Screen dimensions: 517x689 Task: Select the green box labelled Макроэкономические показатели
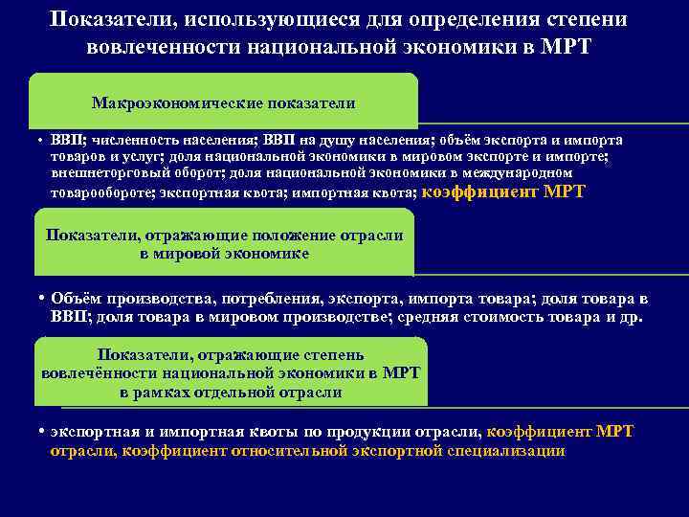coord(224,102)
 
